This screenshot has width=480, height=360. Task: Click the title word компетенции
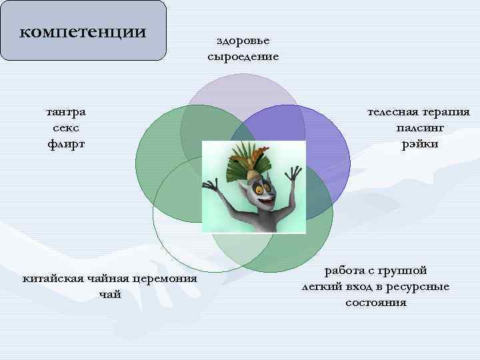[83, 31]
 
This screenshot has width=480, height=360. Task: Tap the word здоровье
[243, 42]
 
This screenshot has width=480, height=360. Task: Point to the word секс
[65, 127]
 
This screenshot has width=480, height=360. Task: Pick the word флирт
[65, 143]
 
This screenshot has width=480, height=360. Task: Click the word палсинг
[419, 127]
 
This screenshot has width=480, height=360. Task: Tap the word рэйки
[419, 143]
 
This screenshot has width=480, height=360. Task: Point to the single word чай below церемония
[109, 294]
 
